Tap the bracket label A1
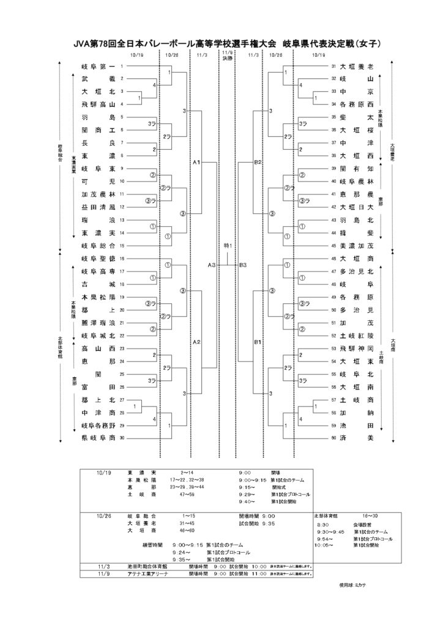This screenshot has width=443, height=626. [196, 163]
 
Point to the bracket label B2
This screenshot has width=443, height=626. [258, 163]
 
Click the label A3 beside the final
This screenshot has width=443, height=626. [211, 265]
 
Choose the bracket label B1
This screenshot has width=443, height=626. [258, 342]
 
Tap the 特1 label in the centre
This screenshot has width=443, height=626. [228, 245]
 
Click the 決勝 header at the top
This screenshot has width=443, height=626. [228, 59]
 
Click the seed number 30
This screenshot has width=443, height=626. [122, 438]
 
